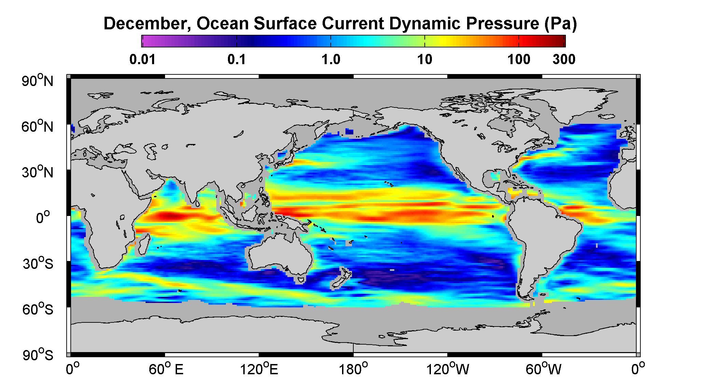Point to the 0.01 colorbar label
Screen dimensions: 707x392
click(x=143, y=60)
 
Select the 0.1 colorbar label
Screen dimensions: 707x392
click(x=237, y=60)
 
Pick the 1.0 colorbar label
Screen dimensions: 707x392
click(x=331, y=60)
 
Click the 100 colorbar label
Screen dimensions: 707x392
click(x=519, y=60)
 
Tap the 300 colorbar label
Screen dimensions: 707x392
click(x=564, y=60)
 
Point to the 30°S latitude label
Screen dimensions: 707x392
click(x=38, y=264)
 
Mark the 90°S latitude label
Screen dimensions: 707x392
click(x=38, y=355)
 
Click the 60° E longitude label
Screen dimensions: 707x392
click(x=166, y=369)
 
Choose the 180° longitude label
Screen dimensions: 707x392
click(x=353, y=369)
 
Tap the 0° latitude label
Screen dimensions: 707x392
click(x=43, y=218)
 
